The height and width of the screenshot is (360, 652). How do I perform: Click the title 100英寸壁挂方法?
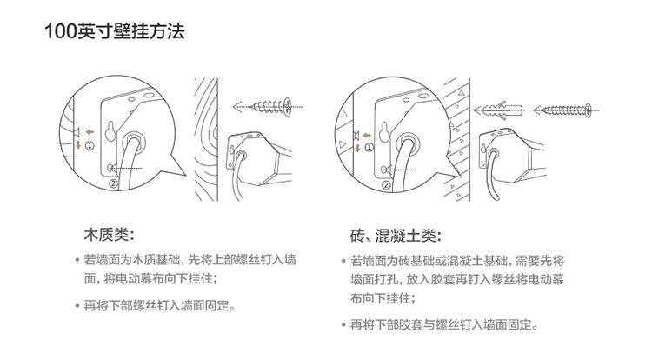click(x=115, y=31)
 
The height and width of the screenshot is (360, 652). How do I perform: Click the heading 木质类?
click(x=110, y=235)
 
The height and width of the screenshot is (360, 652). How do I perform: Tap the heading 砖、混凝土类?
click(x=396, y=236)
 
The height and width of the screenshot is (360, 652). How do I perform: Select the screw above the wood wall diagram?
click(x=272, y=106)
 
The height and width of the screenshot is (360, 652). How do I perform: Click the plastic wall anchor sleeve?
click(x=502, y=110)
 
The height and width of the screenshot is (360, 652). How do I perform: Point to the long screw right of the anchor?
click(x=567, y=110)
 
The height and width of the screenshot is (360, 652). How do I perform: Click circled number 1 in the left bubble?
click(x=90, y=145)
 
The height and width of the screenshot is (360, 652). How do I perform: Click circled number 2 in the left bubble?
click(x=114, y=183)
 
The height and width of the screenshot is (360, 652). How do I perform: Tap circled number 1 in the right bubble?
click(x=369, y=147)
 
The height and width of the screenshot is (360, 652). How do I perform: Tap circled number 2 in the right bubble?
click(x=386, y=185)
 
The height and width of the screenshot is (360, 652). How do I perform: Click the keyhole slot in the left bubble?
click(x=110, y=131)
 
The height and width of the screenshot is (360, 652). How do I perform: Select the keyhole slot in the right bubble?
click(x=384, y=133)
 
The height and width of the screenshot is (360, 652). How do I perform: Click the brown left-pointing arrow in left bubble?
click(x=90, y=132)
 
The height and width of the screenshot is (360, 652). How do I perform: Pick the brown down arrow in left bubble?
click(x=78, y=145)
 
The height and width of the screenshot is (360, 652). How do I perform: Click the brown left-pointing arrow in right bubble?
click(x=366, y=135)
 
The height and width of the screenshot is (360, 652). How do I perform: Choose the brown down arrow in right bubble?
click(x=357, y=148)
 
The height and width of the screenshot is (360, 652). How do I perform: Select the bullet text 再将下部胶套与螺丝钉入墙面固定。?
click(x=444, y=324)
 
